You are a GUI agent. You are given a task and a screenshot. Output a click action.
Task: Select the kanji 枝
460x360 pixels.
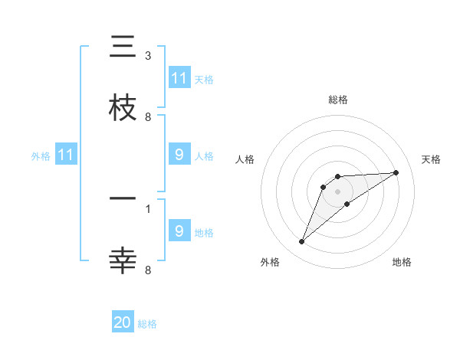point(123,108)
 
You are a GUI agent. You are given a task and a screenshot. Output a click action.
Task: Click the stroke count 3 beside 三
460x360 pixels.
point(147,56)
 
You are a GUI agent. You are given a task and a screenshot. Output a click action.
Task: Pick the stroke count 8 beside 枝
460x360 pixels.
point(147,116)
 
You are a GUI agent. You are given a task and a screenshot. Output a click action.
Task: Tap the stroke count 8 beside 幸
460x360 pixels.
point(147,269)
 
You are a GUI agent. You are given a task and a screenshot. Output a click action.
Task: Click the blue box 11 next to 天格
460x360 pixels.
point(179,78)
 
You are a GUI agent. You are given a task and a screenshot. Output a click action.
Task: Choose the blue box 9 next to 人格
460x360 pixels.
point(179,155)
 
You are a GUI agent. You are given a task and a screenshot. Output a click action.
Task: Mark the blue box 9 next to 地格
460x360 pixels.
point(179,231)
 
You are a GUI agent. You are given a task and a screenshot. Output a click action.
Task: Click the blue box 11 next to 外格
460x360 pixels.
point(66,155)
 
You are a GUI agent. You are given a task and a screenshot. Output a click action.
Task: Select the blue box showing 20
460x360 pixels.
point(123,322)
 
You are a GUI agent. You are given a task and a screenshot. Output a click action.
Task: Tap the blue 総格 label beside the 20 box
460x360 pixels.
point(147,324)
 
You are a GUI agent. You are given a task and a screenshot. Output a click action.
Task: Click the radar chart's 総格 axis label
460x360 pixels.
point(337,100)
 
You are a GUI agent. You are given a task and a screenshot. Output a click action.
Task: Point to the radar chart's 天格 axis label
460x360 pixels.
point(432,159)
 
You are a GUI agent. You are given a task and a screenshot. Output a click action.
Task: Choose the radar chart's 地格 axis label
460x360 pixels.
point(402,262)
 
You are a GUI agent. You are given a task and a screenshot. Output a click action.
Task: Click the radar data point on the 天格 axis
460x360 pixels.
point(396,172)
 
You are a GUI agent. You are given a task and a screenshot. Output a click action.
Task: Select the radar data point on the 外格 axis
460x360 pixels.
point(301,242)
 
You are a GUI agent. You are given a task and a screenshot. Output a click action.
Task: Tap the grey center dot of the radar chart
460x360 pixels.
point(337,191)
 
